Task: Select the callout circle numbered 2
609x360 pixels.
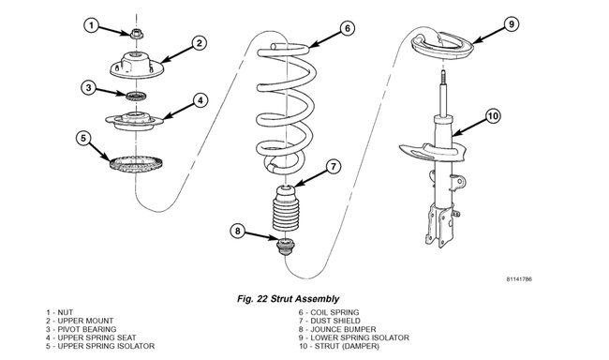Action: click(x=199, y=42)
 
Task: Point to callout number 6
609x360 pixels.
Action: click(x=347, y=29)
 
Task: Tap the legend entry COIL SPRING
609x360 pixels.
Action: click(x=328, y=312)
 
